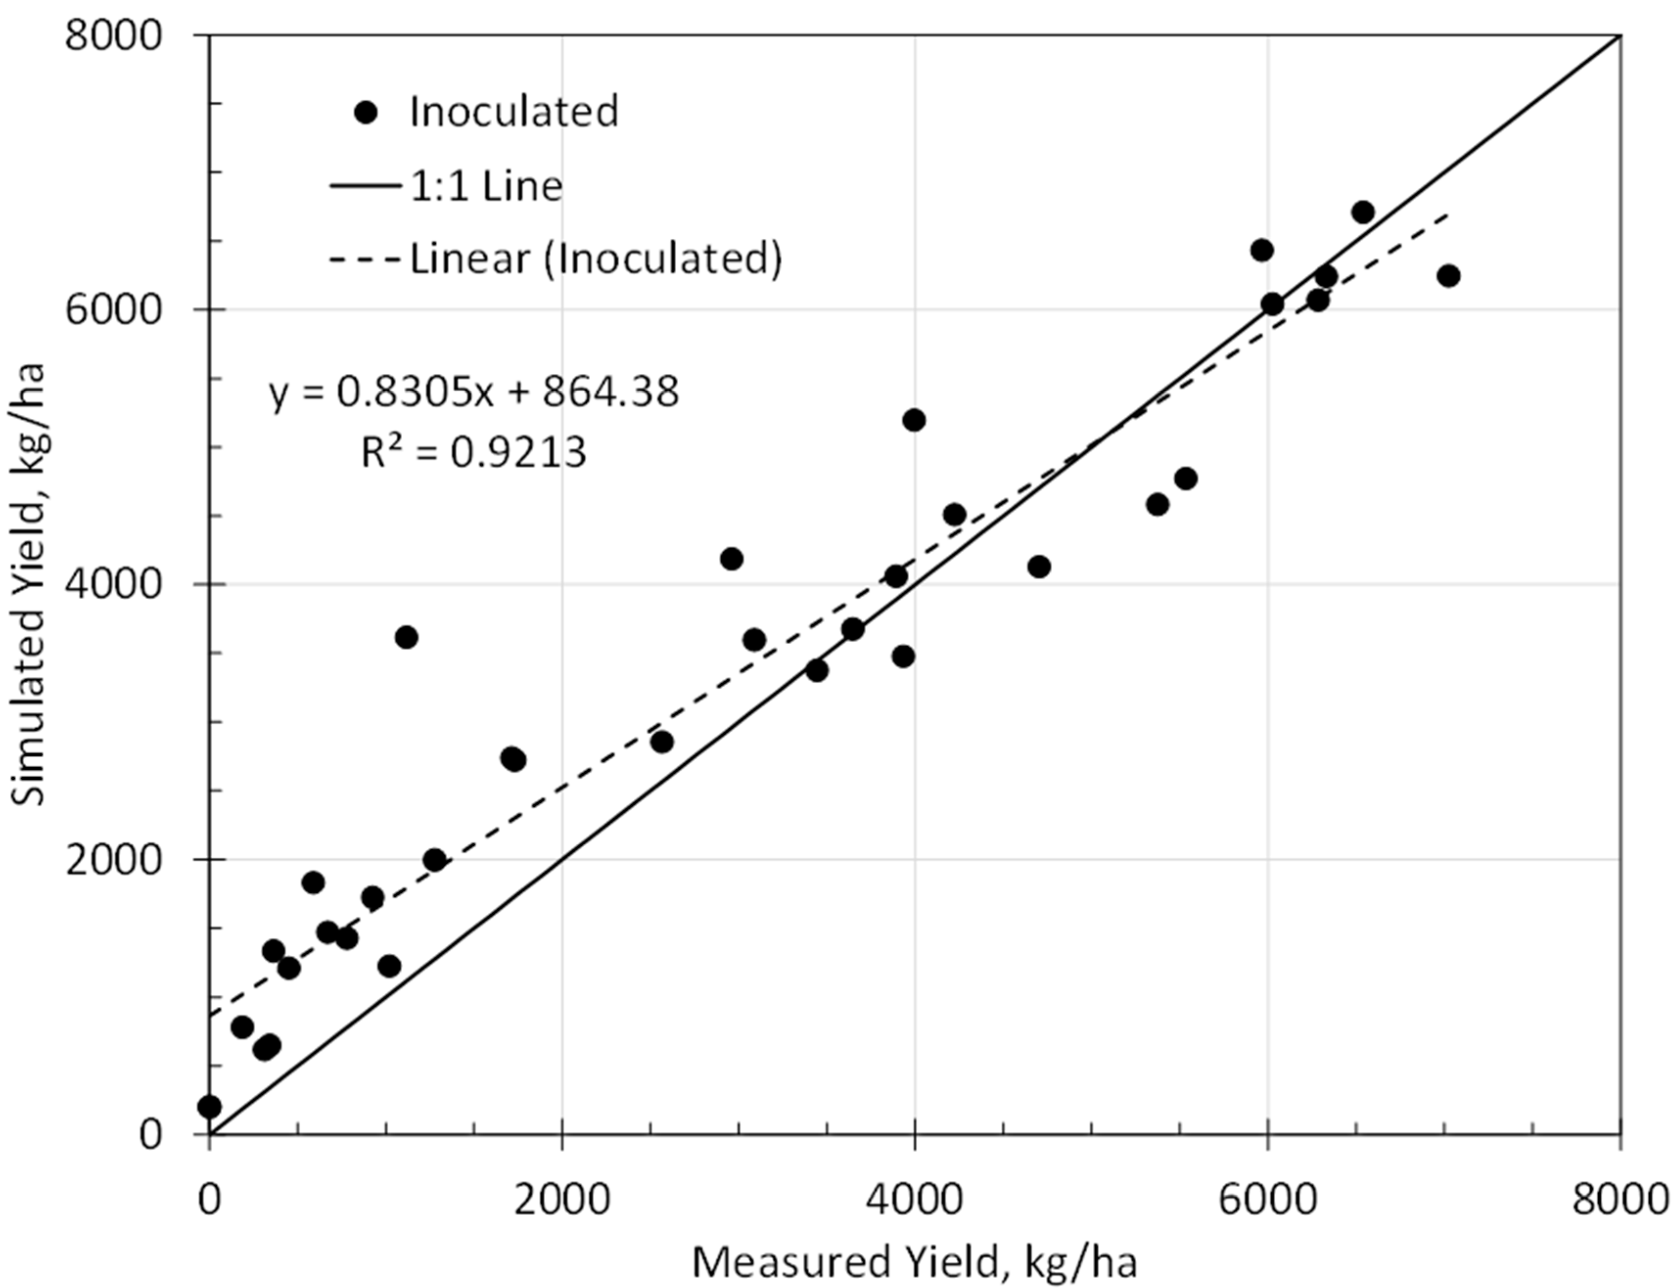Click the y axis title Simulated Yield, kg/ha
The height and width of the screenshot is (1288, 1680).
31,584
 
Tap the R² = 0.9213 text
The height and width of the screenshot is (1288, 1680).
474,452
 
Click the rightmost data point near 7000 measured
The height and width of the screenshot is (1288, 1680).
1448,276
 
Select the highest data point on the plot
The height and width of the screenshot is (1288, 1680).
1362,212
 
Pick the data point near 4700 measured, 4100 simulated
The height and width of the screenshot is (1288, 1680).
1039,566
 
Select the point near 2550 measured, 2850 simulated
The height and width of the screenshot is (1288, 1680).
662,742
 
